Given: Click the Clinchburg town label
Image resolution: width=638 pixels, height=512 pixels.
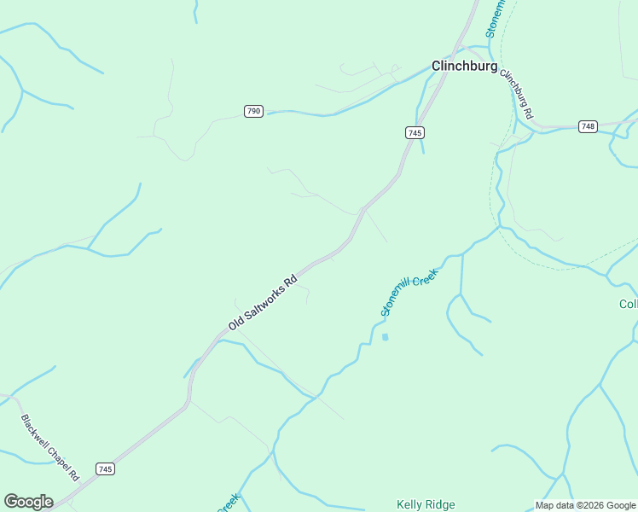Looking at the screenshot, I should click(464, 66).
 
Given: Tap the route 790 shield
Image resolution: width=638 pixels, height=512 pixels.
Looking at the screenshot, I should click(253, 112).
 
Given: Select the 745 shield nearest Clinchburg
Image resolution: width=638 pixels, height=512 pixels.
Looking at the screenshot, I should click(415, 132).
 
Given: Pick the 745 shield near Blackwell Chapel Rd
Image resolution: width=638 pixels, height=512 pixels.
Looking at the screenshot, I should click(105, 469).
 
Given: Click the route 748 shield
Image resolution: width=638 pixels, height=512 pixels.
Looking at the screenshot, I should click(587, 126).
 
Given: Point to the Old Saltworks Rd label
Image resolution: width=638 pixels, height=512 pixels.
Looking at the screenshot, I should click(262, 302).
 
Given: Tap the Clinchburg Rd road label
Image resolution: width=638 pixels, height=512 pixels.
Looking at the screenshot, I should click(516, 94).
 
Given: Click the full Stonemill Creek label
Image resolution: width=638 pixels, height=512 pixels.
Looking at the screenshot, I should click(409, 293).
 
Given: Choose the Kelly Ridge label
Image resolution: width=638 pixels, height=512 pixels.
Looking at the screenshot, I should click(426, 505).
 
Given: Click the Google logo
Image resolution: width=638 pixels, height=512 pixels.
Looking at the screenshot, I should click(28, 502).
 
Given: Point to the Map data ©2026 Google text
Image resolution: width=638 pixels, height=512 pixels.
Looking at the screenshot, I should click(585, 505).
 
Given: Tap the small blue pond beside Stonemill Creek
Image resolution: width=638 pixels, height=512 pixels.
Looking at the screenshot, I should click(385, 337).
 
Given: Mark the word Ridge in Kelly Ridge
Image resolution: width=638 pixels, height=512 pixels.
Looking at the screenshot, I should click(441, 505).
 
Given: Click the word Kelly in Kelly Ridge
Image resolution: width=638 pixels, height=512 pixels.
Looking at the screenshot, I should click(410, 505).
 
